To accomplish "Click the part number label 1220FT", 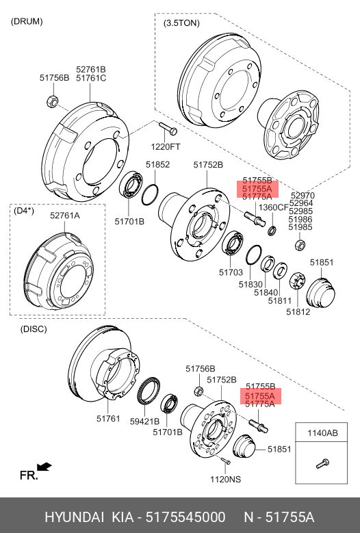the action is click(x=166, y=147).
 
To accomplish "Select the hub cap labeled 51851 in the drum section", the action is click(x=320, y=293).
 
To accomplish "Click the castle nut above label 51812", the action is click(x=297, y=281).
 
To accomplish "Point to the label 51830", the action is click(x=250, y=284).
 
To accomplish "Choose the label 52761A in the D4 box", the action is click(x=65, y=216).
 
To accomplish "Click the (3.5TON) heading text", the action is click(x=181, y=23).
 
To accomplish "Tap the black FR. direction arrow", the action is click(x=44, y=467).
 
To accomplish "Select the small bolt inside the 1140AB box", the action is click(x=322, y=463).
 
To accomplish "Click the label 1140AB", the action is click(x=322, y=433).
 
